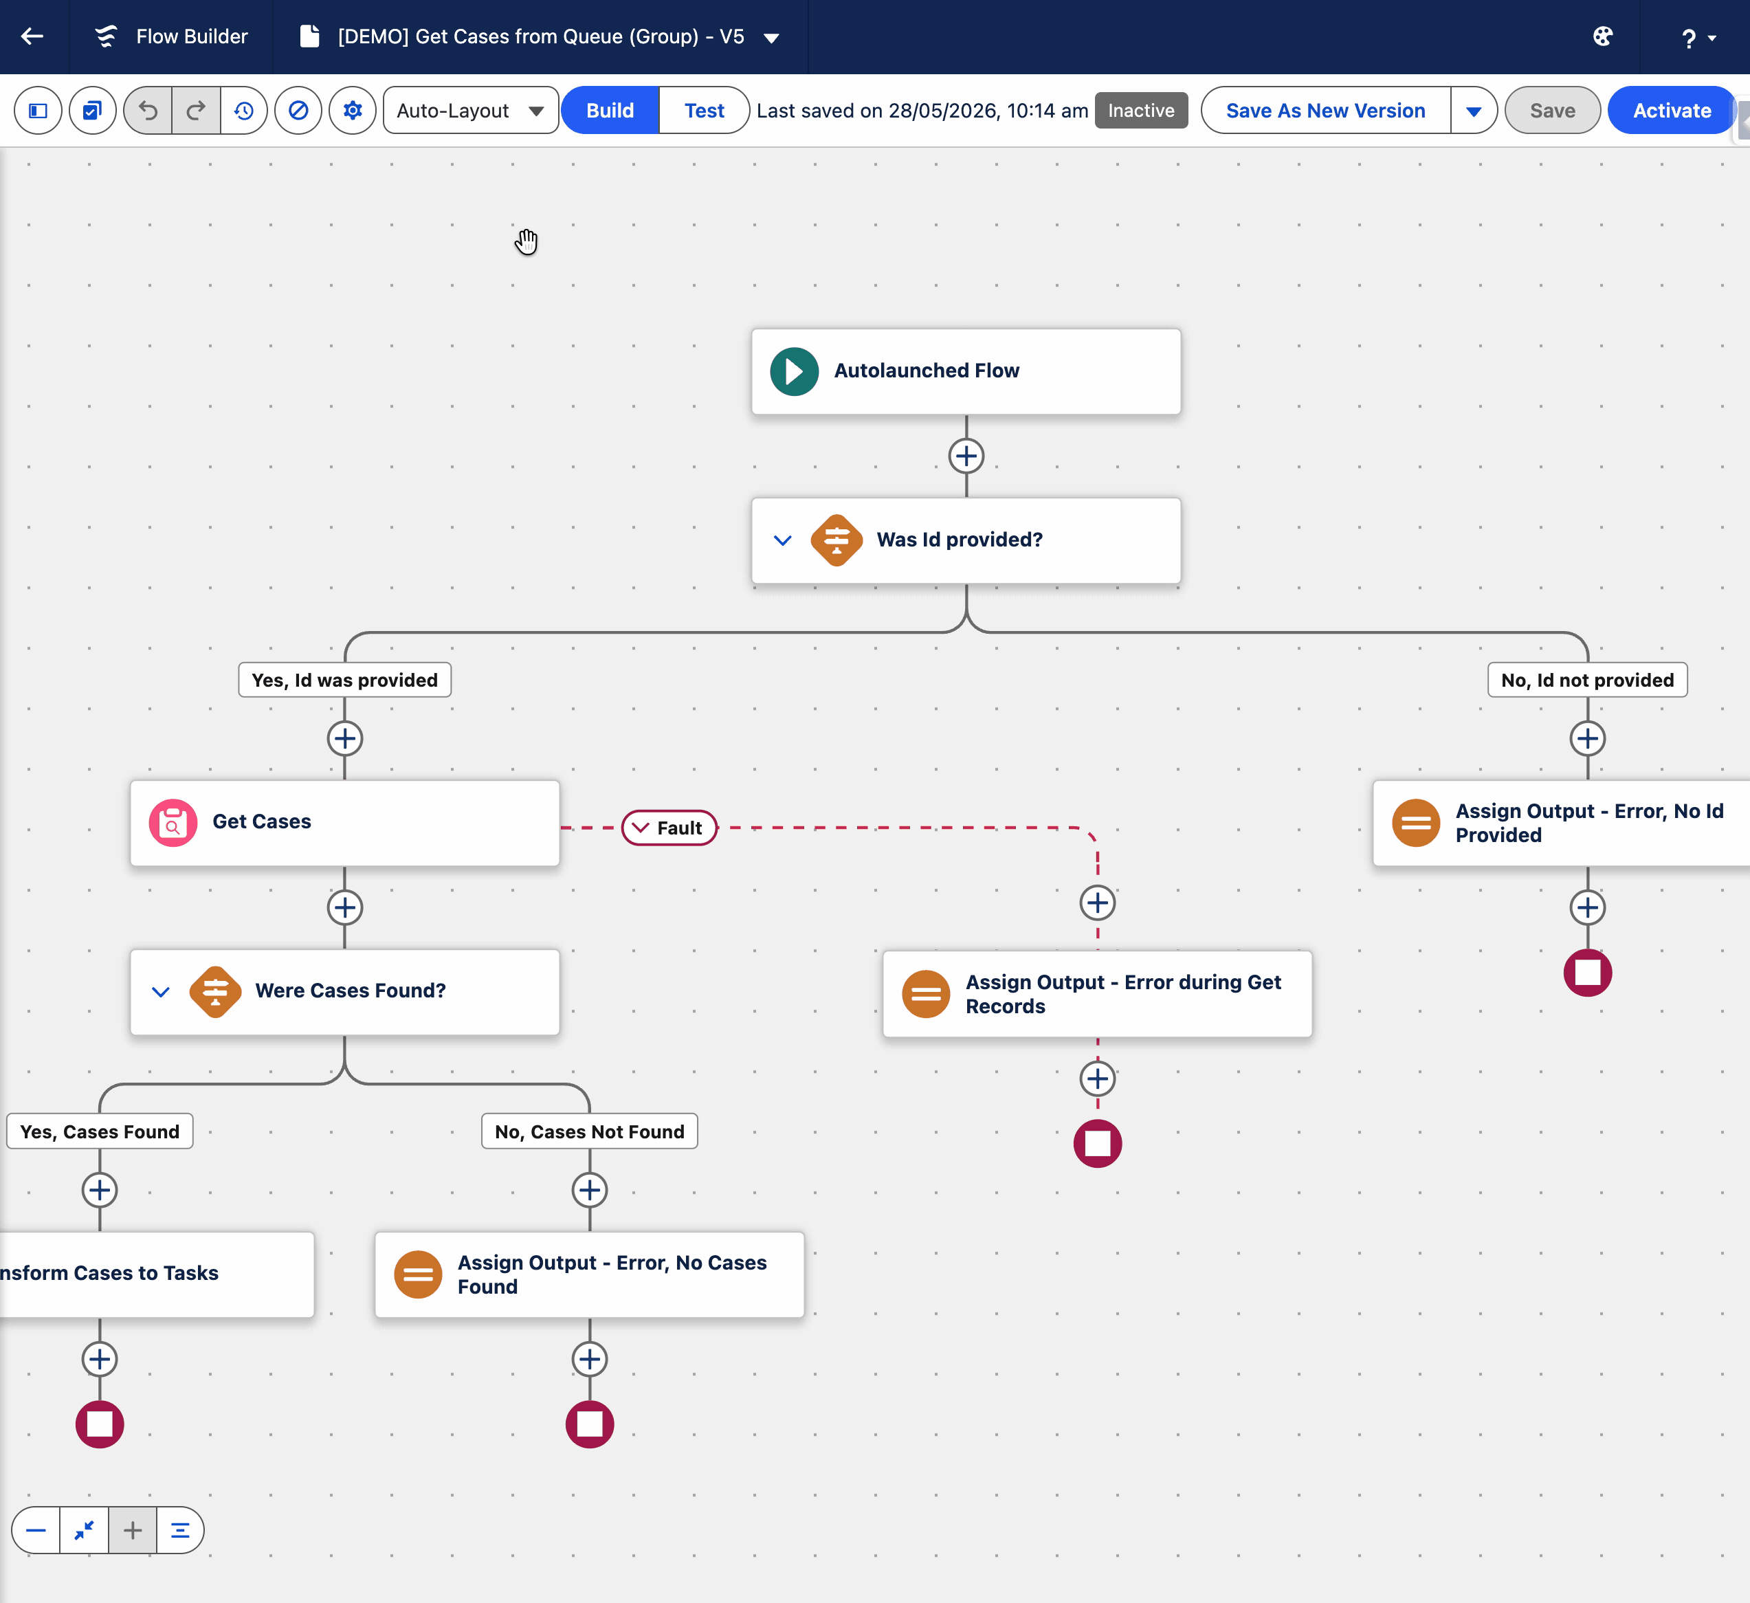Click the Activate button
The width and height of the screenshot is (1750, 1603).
tap(1671, 110)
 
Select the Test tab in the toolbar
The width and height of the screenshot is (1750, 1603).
tap(704, 110)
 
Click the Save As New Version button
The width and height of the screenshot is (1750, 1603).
tap(1325, 110)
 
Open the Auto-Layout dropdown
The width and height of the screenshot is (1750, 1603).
tap(470, 110)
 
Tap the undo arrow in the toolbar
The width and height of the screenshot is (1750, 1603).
tap(148, 110)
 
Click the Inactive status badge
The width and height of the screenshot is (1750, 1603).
tap(1140, 110)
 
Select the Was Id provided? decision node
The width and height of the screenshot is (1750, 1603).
tap(966, 540)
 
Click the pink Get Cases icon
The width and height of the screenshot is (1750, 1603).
tap(173, 822)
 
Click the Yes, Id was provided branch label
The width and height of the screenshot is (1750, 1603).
tap(344, 681)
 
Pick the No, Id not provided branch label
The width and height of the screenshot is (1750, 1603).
tap(1588, 681)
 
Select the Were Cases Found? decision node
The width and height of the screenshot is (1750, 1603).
tap(344, 991)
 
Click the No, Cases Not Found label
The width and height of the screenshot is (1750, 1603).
tap(590, 1131)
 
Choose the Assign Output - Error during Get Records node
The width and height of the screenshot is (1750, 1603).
tap(1097, 994)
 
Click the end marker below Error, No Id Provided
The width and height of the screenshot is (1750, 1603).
tap(1588, 972)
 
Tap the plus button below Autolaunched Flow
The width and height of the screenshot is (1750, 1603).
tap(966, 456)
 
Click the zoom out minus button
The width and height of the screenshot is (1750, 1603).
tap(36, 1530)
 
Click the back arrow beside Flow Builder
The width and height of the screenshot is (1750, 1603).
tap(32, 36)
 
